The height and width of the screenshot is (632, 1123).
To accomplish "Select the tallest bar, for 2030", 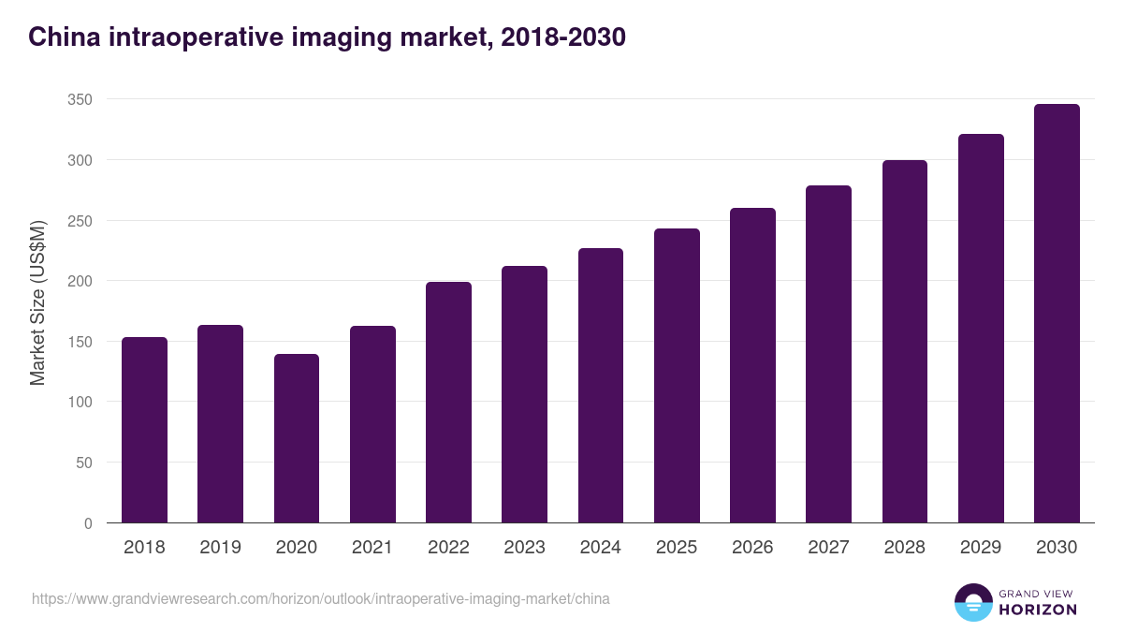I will pos(1057,314).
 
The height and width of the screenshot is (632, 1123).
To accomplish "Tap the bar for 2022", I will pos(448,403).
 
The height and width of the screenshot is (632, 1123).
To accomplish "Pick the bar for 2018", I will pos(144,430).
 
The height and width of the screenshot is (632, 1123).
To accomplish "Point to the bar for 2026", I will pos(752,365).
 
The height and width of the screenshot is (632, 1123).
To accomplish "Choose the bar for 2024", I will pos(601,385).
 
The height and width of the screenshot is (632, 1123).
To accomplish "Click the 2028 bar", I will pos(905,342).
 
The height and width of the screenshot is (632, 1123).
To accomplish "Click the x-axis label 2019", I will pos(220,548).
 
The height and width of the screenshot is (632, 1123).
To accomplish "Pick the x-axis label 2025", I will pos(677,548).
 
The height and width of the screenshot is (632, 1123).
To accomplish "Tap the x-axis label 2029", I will pos(981,548).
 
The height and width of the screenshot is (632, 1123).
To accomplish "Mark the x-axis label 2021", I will pos(372,548).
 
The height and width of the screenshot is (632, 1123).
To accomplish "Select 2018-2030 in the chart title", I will pos(562,37).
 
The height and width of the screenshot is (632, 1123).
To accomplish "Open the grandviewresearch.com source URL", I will pos(320,598).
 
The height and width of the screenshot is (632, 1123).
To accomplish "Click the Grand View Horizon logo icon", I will pos(972,603).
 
